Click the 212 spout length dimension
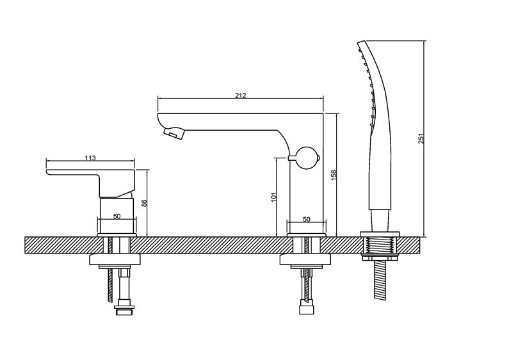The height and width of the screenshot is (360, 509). tap(241, 95)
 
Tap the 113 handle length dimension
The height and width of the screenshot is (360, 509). tap(90, 158)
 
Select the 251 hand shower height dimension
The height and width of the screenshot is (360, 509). tap(421, 138)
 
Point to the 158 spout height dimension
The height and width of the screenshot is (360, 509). tap(334, 175)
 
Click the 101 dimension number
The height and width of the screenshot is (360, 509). tap(273, 197)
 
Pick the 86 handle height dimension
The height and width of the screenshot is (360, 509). tap(145, 203)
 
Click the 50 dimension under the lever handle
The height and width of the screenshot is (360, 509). tap(117, 216)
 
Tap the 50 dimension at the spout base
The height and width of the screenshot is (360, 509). tap(307, 219)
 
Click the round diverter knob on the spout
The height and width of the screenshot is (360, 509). tap(307, 158)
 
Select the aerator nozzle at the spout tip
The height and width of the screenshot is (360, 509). tap(174, 133)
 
